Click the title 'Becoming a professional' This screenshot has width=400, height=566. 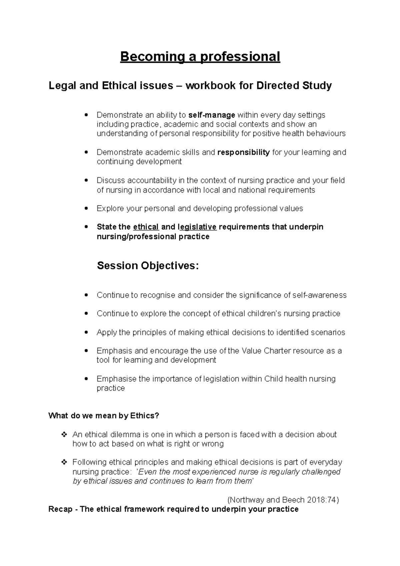[200, 57]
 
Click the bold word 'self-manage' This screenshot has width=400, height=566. [212, 115]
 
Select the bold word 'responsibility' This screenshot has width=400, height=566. [243, 153]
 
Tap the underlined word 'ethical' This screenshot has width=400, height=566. [146, 227]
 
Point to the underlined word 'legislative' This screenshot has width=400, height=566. [198, 227]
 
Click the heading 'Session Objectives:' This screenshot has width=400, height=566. [148, 266]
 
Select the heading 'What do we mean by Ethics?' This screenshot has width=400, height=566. [104, 416]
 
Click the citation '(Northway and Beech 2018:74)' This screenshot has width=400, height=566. [283, 500]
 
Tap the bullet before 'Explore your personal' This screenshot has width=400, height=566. [87, 209]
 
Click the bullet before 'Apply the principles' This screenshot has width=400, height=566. [87, 332]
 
